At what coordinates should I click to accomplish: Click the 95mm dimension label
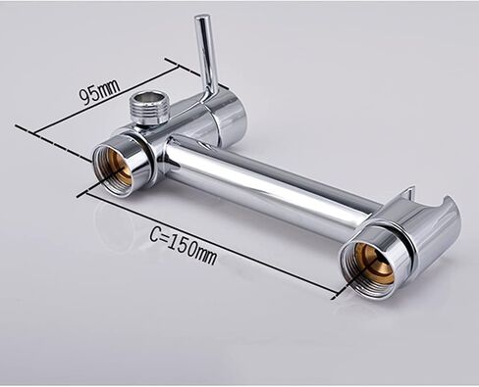(x=100, y=91)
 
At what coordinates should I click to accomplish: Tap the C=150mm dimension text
(x=184, y=243)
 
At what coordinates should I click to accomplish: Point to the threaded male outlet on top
(x=147, y=107)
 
